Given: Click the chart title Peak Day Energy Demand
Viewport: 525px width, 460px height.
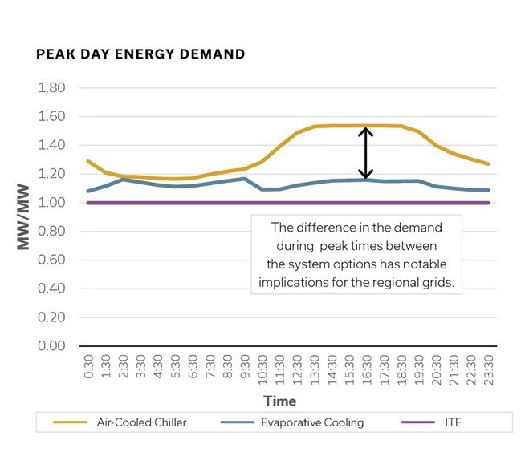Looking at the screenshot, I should (140, 54).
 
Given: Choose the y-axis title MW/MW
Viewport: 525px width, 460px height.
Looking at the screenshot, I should (24, 218).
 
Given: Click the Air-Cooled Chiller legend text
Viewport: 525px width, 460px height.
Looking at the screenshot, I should (142, 422).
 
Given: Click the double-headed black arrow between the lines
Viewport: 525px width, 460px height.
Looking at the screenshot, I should (366, 153).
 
